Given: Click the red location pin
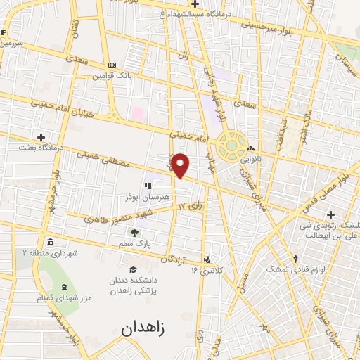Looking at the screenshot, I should click(x=181, y=165).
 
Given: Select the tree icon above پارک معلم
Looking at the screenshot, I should click(x=134, y=233).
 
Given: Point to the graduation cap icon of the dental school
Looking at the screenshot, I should click(x=134, y=270).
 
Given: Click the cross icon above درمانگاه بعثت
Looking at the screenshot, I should click(x=41, y=136).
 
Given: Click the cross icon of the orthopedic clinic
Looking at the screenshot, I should click(x=331, y=214).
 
